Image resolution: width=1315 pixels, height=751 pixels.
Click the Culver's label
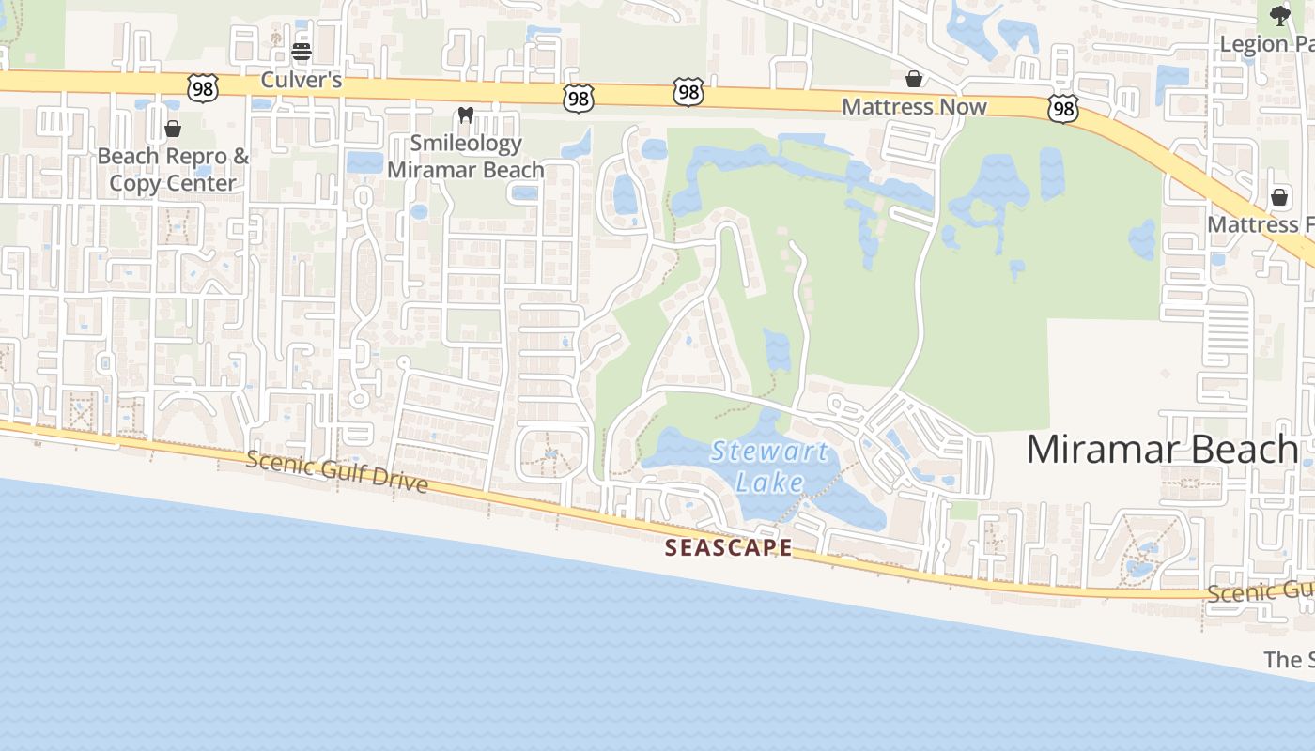[301, 80]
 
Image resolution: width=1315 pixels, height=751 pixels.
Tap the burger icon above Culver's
[301, 51]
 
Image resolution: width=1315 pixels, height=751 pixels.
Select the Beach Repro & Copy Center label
[173, 169]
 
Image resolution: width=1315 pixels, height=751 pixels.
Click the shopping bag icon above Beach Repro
[173, 128]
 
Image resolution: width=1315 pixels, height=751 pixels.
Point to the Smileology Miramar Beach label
[465, 157]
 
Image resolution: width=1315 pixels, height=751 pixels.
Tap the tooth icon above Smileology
[465, 115]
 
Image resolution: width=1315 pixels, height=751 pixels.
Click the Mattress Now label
[914, 106]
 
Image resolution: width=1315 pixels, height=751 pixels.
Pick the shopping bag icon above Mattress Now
[913, 78]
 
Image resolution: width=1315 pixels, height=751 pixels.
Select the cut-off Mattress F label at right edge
[1260, 224]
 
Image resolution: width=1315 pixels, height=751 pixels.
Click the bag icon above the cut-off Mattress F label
[1278, 197]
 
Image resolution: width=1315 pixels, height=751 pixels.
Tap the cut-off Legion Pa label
[1266, 43]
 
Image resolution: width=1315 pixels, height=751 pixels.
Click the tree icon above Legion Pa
[1279, 15]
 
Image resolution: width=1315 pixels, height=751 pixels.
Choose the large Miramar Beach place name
[1162, 449]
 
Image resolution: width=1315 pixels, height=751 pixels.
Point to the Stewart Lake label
[769, 467]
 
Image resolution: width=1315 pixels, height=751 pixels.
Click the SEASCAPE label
[728, 548]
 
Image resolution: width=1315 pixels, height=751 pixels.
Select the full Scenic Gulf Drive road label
[337, 471]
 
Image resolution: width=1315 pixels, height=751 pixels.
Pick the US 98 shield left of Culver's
[203, 88]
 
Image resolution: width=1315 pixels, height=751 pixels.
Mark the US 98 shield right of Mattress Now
[1062, 110]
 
